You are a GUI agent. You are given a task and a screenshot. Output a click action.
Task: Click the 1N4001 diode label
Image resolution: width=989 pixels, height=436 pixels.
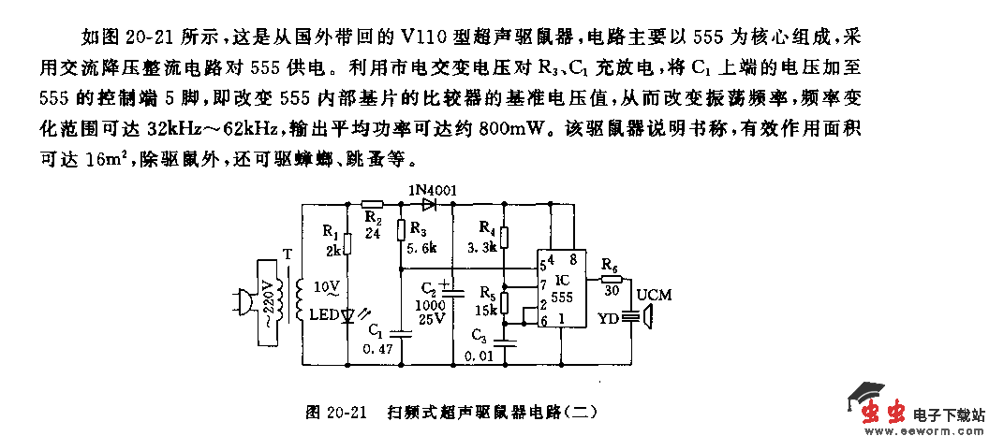(x=433, y=191)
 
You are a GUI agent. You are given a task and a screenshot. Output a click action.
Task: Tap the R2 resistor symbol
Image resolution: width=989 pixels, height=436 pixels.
(x=373, y=203)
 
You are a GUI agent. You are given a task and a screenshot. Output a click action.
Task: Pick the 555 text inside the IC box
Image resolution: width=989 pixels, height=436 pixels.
(x=561, y=297)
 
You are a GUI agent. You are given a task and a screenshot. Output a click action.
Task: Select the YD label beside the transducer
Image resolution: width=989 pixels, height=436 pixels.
(x=609, y=317)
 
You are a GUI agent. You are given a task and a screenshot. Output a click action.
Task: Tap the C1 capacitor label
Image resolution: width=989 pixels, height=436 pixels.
(x=376, y=328)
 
